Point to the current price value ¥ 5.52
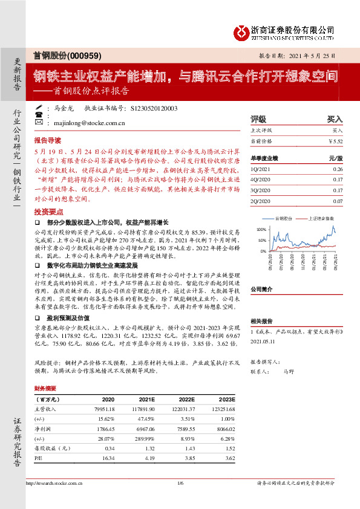pyautogui.click(x=335, y=141)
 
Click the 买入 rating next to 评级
pyautogui.click(x=335, y=119)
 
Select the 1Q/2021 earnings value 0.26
pyautogui.click(x=337, y=169)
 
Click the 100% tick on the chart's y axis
pyautogui.click(x=261, y=230)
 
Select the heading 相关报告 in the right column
pyautogui.click(x=262, y=320)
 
